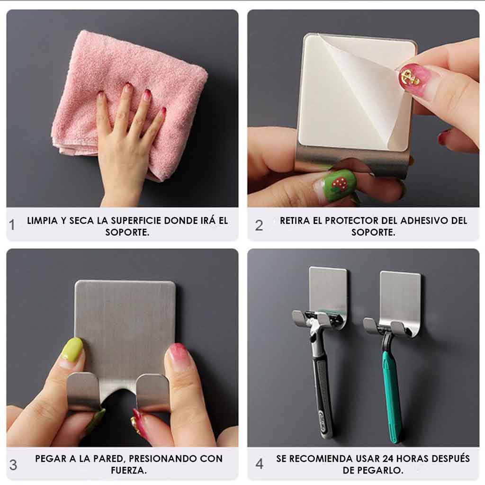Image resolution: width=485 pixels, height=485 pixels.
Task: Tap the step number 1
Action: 12,225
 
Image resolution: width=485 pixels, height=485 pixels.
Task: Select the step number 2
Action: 259,225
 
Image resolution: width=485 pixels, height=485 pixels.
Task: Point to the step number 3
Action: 13,465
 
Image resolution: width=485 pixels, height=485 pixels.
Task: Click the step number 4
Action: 260,464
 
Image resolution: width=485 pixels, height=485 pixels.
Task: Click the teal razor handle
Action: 392,393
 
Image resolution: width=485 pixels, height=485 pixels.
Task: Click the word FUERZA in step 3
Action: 128,471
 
